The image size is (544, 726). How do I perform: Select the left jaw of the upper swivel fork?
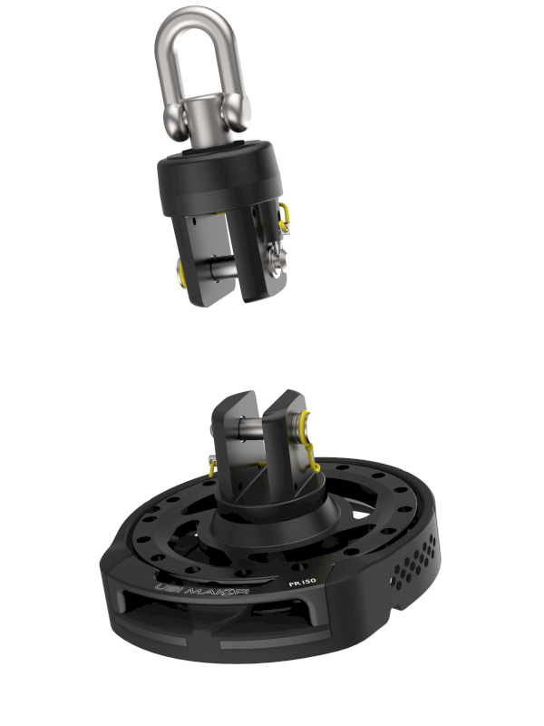204,263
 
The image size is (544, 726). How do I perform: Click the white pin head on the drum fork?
310,427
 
